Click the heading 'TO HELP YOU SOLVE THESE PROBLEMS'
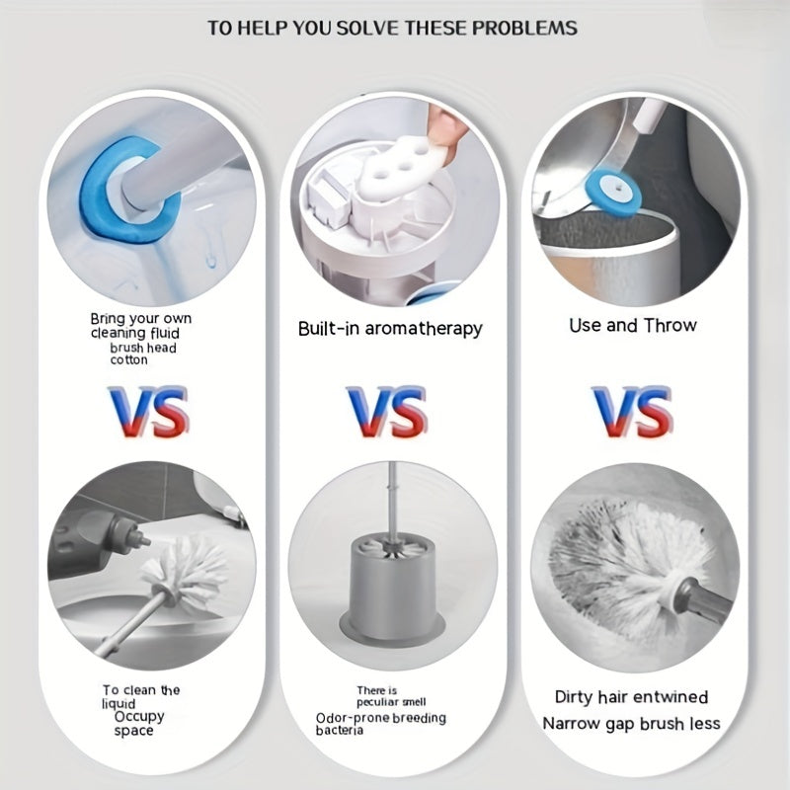[392, 28]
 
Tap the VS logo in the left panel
[149, 412]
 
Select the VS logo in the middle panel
[387, 412]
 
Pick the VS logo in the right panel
[633, 412]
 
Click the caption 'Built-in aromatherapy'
[390, 329]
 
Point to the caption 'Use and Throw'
[633, 326]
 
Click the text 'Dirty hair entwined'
[631, 697]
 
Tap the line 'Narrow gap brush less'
[631, 724]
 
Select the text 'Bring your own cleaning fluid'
[141, 326]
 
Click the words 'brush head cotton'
[143, 354]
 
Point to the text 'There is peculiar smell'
[391, 696]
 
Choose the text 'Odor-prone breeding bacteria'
[381, 724]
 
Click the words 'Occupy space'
[138, 723]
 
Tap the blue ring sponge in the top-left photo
[96, 201]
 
